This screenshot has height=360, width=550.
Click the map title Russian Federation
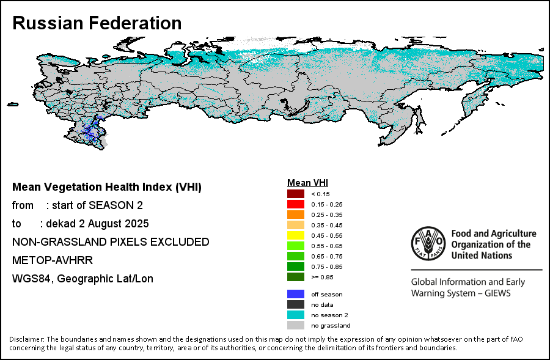97,23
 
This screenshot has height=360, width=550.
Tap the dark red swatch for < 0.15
296,194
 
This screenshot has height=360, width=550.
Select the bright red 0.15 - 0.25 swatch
296,204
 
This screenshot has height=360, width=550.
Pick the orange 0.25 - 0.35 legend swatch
296,215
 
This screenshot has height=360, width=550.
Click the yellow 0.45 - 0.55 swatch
296,235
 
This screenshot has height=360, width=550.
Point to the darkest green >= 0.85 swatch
296,277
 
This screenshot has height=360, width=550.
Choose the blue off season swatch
296,294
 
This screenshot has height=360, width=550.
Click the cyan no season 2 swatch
296,315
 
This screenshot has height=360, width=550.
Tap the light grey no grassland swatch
296,325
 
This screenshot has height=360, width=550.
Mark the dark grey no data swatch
296,304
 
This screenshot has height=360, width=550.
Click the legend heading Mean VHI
308,183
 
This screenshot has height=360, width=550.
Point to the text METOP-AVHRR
53,260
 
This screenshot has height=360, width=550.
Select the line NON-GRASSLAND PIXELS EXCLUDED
111,242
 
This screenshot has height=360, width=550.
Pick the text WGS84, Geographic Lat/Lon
82,279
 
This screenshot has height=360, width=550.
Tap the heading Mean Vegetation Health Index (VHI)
107,187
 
